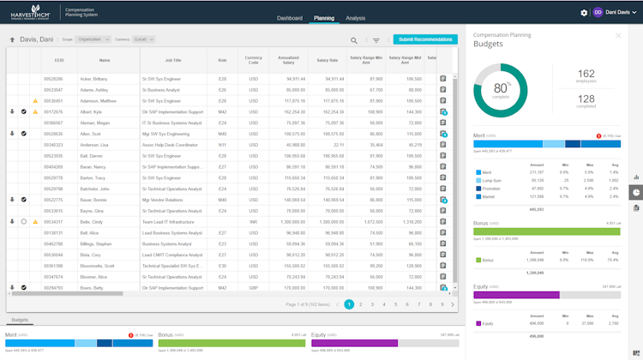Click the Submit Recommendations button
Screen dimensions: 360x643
tap(425, 39)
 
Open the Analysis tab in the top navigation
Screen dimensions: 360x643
tap(355, 18)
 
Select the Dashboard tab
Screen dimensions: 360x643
tap(290, 18)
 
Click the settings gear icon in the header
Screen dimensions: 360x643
tap(584, 13)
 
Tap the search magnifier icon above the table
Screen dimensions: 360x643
tap(354, 40)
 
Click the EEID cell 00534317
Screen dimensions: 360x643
tap(53, 221)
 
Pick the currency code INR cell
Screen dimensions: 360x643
tap(253, 221)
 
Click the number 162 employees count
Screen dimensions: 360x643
tap(586, 75)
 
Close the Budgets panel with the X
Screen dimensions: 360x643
tap(618, 35)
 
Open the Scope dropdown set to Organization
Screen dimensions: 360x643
tap(93, 39)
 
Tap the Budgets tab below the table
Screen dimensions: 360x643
tap(20, 320)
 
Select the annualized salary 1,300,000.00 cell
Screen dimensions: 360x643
tap(289, 221)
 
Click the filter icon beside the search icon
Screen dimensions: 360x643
tap(376, 40)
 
